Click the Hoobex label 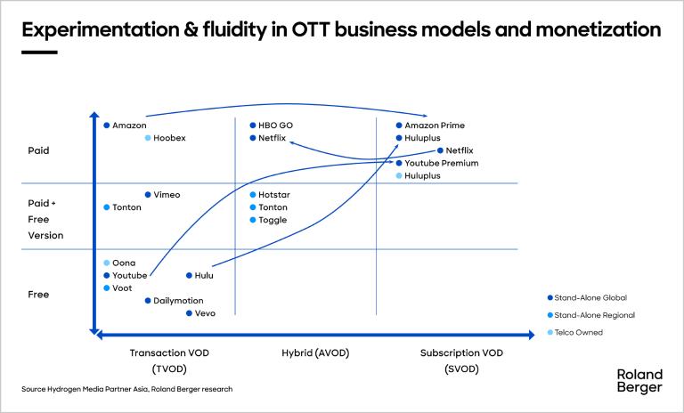click(169, 138)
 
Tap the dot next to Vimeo click(148, 194)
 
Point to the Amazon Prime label click(435, 126)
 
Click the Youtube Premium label click(441, 164)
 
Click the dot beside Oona click(106, 263)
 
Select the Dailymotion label click(178, 301)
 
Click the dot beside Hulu click(188, 276)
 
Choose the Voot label click(122, 288)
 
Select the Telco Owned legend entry click(578, 332)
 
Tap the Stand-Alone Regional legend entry click(594, 315)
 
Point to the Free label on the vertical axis click(38, 295)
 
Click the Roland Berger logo click(639, 381)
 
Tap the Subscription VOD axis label click(461, 353)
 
